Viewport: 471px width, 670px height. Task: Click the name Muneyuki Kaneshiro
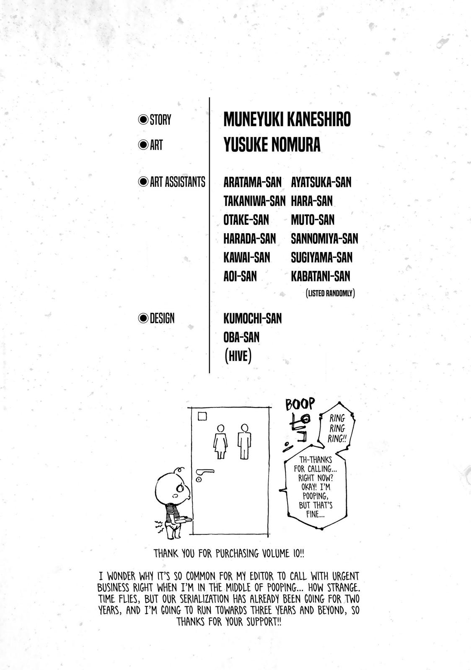(x=287, y=120)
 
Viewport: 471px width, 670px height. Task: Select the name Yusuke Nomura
(x=272, y=145)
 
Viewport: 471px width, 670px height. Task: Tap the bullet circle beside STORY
(x=144, y=120)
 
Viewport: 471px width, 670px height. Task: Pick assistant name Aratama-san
(x=252, y=182)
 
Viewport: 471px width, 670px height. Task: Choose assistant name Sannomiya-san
(x=324, y=239)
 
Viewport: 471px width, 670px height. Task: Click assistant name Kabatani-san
(x=320, y=276)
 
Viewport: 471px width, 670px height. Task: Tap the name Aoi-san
(x=240, y=276)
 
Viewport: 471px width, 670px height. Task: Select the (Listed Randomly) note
(x=330, y=294)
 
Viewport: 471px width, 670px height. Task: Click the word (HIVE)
(x=237, y=356)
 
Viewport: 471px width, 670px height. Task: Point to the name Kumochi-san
(x=252, y=318)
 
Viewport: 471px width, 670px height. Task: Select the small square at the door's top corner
(x=202, y=416)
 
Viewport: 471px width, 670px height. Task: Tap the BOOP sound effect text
(x=299, y=405)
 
